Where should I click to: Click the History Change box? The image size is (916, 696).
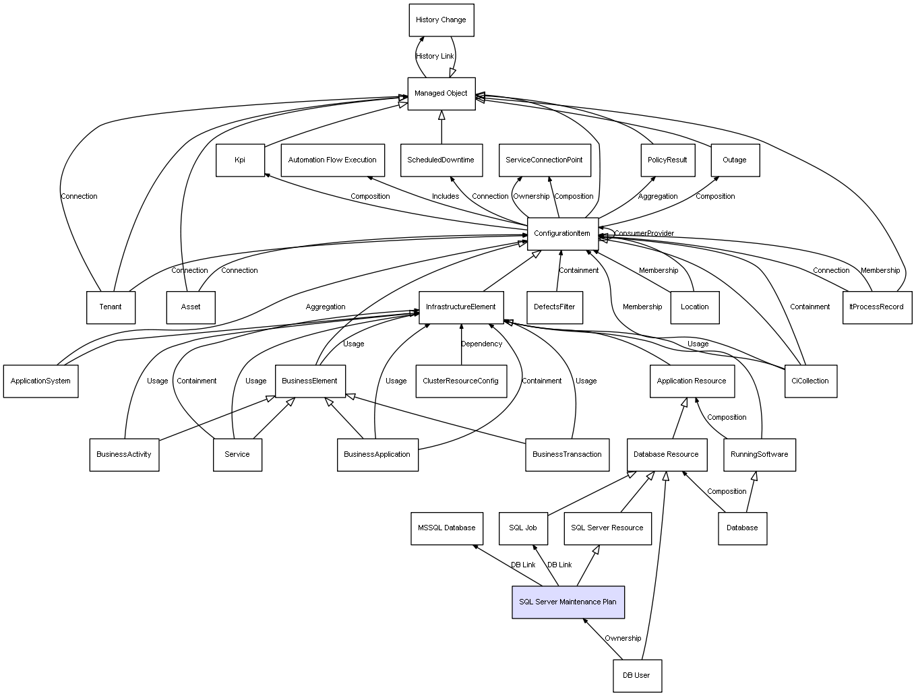click(441, 20)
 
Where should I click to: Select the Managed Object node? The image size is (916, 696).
click(441, 94)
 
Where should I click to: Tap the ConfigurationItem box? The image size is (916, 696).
click(562, 234)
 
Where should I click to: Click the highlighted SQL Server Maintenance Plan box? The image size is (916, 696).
click(568, 602)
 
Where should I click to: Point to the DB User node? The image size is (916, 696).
click(637, 675)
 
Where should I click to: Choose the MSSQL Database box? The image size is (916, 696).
click(446, 528)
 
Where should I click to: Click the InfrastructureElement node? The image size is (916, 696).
click(461, 307)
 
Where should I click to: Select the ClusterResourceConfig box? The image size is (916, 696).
click(461, 381)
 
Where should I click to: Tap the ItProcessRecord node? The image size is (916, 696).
click(876, 307)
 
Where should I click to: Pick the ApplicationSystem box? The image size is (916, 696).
click(40, 381)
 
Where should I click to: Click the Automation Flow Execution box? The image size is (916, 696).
click(332, 160)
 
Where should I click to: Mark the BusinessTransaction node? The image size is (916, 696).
click(567, 455)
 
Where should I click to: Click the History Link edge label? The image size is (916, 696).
click(435, 57)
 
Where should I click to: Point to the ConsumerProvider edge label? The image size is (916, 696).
click(644, 234)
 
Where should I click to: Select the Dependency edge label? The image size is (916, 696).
click(481, 344)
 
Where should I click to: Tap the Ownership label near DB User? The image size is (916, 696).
click(623, 639)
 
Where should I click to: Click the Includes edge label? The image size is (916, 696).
click(446, 197)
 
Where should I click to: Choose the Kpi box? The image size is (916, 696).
click(240, 160)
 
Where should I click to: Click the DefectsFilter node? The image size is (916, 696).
click(555, 307)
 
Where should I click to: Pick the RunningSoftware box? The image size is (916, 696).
click(760, 455)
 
